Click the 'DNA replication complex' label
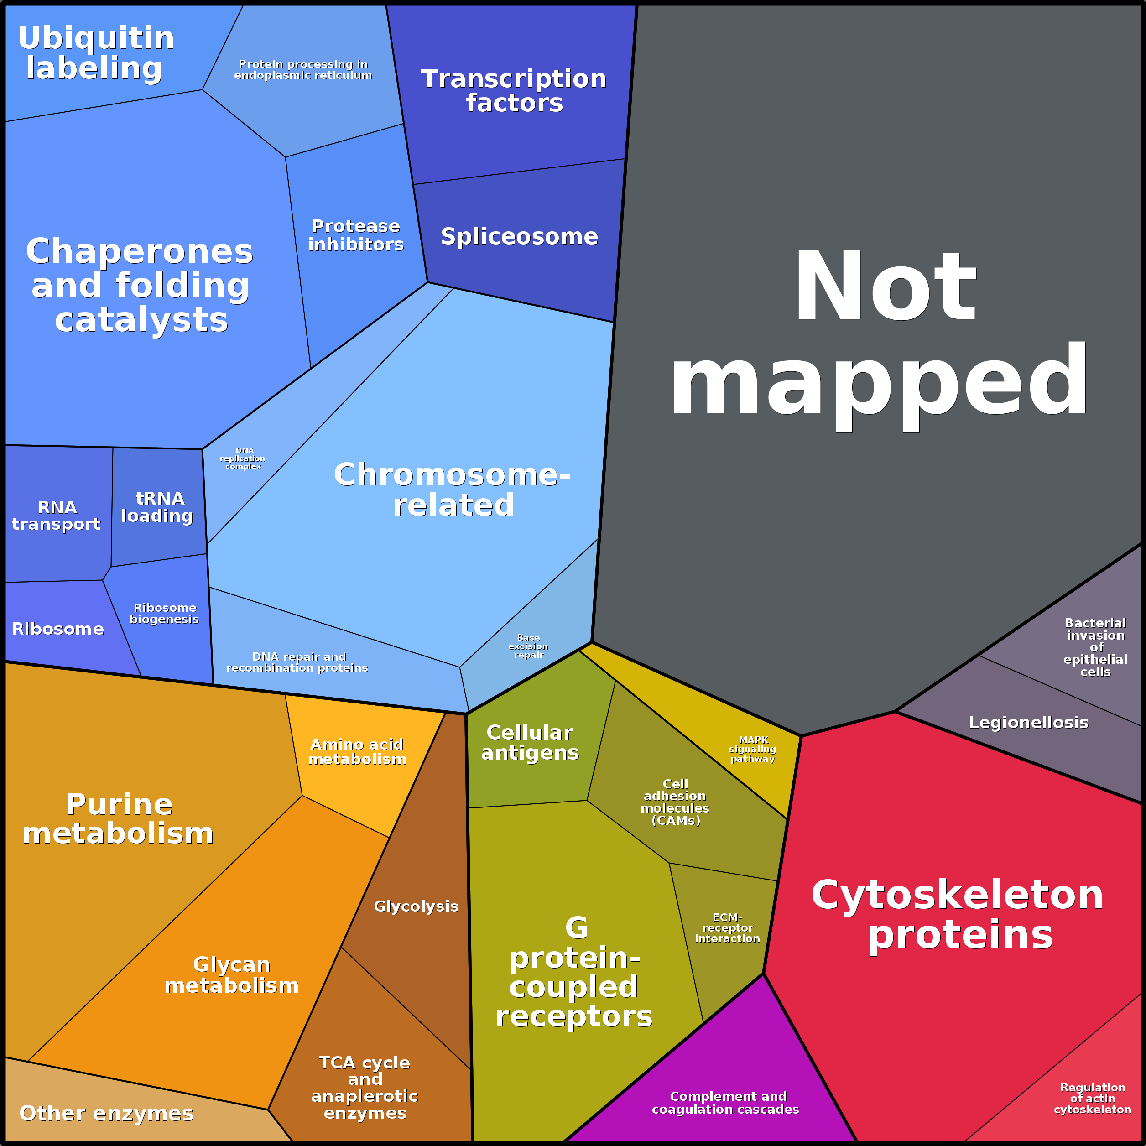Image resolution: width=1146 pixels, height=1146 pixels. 243,458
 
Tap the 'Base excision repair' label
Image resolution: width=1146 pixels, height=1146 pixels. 528,646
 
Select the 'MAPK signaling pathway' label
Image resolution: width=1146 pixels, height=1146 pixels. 753,749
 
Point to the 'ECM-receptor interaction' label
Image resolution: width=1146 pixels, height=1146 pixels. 727,928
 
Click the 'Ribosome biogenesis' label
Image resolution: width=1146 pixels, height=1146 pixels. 164,613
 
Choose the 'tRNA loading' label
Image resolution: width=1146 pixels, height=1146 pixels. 157,507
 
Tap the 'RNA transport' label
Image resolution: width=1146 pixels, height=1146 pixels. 57,516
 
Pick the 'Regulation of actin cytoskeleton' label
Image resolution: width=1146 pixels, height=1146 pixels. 1093,1099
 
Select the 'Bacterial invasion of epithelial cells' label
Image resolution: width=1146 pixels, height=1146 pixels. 1095,647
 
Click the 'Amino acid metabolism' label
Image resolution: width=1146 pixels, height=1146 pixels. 357,751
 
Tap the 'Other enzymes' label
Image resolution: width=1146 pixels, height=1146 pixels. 106,1113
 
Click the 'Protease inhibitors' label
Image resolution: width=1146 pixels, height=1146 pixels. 356,235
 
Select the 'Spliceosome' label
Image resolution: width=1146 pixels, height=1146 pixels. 519,236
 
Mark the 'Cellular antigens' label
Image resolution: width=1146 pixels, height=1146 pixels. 530,743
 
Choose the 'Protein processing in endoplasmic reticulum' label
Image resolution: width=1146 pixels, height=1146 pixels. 303,69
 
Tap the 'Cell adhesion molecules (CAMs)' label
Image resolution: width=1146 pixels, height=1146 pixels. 675,802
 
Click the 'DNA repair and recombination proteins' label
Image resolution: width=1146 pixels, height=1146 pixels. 297,662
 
